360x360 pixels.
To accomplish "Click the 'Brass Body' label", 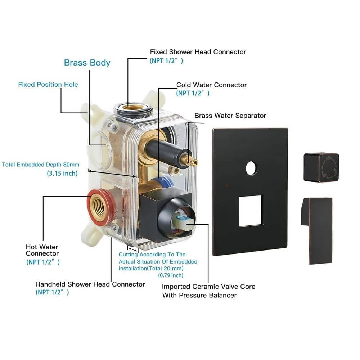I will pos(87,63).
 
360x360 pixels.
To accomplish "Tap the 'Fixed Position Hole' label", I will pos(48,85).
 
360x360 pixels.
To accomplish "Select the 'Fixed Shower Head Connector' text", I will pos(198,52).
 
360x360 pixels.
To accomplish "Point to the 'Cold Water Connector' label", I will pos(211,85).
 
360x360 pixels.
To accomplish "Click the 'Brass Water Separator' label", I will pos(230,116).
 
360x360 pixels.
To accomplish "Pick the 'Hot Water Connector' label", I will pos(42,250).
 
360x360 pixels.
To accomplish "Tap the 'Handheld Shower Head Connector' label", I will pos(90,284).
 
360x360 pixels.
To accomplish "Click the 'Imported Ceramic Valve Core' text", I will pos(208,287).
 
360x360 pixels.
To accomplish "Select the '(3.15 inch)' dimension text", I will pos(62,173).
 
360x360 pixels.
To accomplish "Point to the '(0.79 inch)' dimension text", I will pos(171,275).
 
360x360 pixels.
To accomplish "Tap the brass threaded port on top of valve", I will pos(133,107).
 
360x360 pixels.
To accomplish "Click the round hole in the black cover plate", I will pos(252,168).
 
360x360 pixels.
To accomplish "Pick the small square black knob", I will pos(321,167).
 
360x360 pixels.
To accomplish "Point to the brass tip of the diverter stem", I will pos(193,162).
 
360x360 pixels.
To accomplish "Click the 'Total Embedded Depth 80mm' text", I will pos(41,165).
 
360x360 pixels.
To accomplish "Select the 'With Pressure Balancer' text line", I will pos(199,296).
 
